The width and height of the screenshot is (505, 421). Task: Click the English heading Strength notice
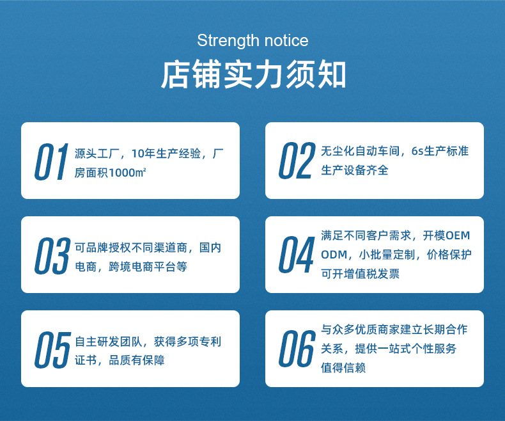point(252,41)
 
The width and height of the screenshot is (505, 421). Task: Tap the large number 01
point(51,162)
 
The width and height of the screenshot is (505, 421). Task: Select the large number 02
point(297,161)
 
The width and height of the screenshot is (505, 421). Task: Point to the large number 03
point(52,256)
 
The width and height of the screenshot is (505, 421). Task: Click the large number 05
point(52,350)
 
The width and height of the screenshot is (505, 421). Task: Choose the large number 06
point(297,349)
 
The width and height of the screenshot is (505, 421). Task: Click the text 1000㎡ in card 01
point(127,173)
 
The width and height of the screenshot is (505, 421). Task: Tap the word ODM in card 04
point(334,254)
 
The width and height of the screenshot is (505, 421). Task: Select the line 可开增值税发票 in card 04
point(360,273)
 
